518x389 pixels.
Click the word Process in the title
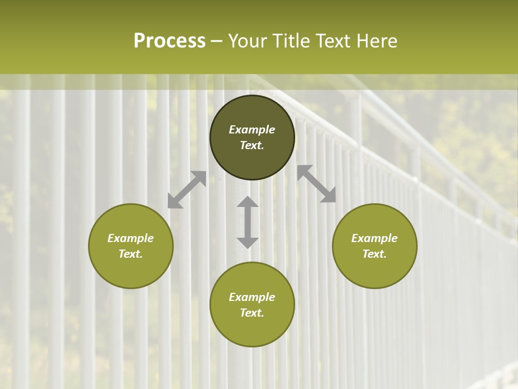[x=169, y=41]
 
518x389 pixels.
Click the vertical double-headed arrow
[x=248, y=222]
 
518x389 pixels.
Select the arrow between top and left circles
[x=187, y=190]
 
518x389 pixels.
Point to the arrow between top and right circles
[x=316, y=184]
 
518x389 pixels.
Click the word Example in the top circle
[x=252, y=130]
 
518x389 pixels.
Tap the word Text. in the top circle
[x=252, y=145]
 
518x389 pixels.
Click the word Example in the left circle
[x=131, y=238]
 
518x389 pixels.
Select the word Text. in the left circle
[x=131, y=254]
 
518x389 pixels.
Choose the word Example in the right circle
[x=374, y=238]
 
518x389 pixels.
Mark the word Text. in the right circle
[x=374, y=254]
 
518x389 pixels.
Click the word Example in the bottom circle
[x=252, y=297]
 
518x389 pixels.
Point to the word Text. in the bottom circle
[x=252, y=313]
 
